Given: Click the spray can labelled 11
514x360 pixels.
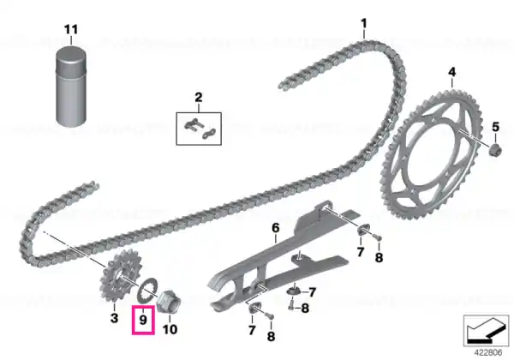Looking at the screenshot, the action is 71,87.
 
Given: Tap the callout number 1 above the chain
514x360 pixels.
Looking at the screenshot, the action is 364,24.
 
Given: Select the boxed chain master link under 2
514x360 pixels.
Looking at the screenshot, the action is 199,129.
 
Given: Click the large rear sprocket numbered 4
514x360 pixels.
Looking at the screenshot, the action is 430,155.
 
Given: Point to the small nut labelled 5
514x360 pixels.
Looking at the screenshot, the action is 495,150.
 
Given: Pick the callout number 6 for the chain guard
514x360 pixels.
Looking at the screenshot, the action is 276,227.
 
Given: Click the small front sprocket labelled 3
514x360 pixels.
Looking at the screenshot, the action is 117,276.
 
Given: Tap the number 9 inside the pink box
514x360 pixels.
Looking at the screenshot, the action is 143,320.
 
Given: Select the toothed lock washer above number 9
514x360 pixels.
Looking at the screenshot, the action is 147,291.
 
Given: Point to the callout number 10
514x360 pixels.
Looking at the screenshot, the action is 170,329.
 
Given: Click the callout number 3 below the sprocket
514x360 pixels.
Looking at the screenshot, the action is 114,318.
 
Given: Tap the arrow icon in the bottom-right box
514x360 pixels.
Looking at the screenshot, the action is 486,330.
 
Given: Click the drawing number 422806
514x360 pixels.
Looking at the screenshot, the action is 488,353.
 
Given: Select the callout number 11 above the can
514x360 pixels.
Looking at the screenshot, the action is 71,29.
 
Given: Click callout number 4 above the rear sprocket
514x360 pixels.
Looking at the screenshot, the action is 452,72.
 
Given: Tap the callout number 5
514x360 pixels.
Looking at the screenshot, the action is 495,127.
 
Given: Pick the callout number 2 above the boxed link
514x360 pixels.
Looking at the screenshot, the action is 199,98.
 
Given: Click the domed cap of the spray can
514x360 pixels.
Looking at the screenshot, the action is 71,58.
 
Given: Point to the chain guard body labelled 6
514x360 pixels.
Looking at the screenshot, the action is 278,259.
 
